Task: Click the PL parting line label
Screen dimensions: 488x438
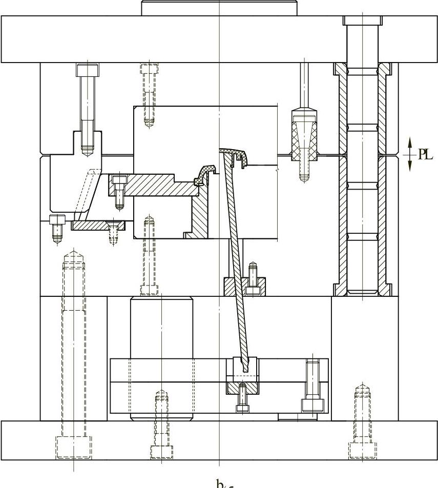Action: click(x=426, y=154)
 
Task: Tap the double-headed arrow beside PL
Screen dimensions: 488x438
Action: click(x=410, y=154)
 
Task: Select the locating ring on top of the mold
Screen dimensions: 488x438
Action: click(x=219, y=8)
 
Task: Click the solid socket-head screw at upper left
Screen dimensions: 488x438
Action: click(x=87, y=103)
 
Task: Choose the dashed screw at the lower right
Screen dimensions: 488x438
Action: click(x=362, y=420)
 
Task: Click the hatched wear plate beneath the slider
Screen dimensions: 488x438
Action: click(x=97, y=225)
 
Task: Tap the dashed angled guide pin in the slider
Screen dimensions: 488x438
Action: click(x=87, y=190)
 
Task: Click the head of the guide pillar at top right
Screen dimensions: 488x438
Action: click(x=362, y=21)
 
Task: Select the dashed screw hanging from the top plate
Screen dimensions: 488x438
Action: click(x=149, y=95)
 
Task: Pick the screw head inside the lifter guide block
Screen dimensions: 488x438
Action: click(x=252, y=289)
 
